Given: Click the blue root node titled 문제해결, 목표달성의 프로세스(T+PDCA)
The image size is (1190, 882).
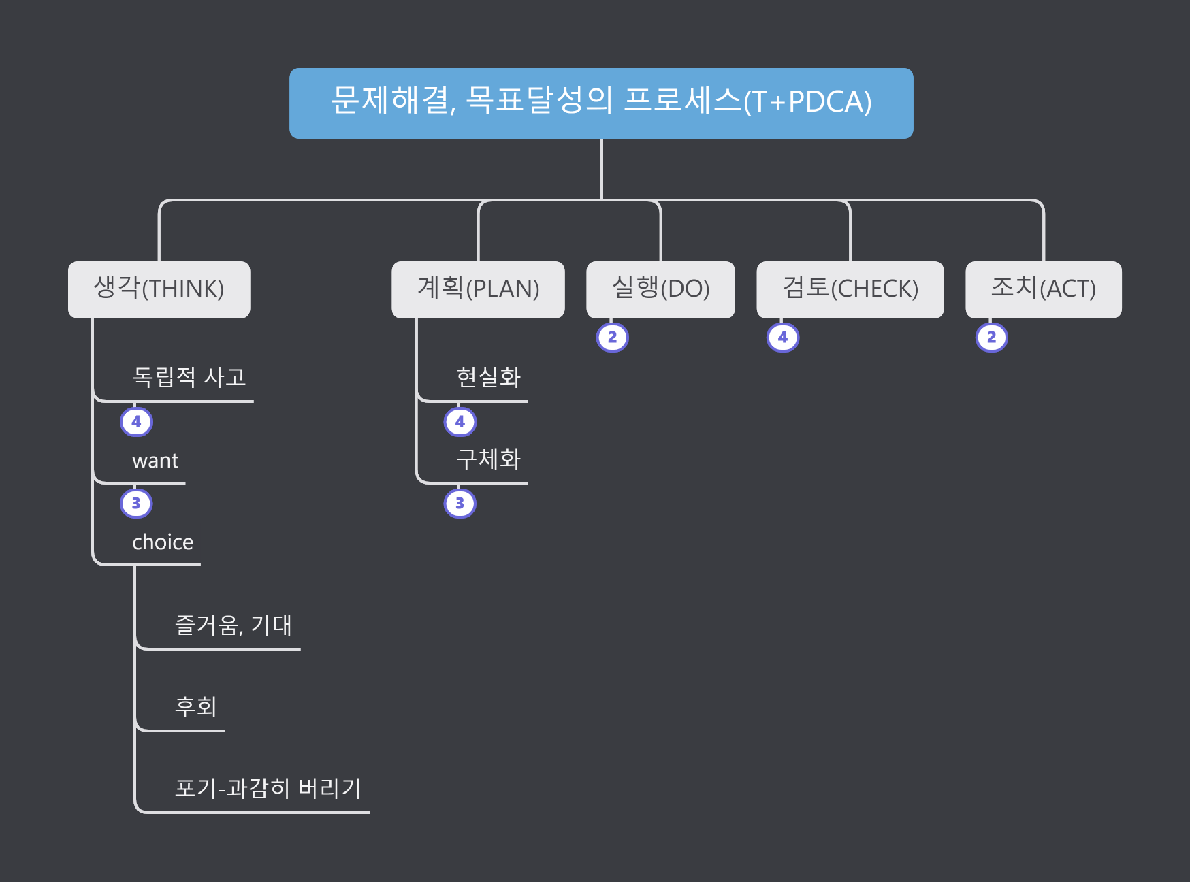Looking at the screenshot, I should [601, 103].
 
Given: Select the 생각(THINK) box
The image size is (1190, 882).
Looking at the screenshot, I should [159, 289].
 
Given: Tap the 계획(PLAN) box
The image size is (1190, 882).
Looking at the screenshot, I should [478, 289].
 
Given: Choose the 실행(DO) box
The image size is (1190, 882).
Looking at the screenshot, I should [660, 289].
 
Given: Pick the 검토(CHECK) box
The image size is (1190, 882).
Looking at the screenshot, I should [850, 289].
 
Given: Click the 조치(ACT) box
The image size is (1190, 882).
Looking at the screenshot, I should [1043, 289].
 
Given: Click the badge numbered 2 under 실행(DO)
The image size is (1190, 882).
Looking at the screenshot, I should [612, 338].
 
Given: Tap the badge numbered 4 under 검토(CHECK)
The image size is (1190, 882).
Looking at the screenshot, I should [783, 338].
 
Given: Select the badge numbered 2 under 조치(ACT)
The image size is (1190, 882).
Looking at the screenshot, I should [991, 338].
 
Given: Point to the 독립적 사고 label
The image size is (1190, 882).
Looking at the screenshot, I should [189, 377].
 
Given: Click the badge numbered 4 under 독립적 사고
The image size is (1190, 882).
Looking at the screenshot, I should [136, 422].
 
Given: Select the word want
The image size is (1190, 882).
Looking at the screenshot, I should [155, 461].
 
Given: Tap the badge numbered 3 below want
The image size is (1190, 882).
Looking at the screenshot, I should [136, 504].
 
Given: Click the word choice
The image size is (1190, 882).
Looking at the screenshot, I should [163, 542].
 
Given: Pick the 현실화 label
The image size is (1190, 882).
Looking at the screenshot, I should [488, 377].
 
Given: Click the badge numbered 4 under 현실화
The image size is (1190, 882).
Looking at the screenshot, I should [460, 422].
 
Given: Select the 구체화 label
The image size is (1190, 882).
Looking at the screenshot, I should [488, 459].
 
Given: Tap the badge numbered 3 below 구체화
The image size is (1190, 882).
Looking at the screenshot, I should [460, 504].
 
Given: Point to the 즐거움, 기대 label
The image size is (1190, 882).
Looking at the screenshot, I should [233, 625].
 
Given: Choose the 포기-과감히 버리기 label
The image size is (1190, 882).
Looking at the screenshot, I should [268, 788].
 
